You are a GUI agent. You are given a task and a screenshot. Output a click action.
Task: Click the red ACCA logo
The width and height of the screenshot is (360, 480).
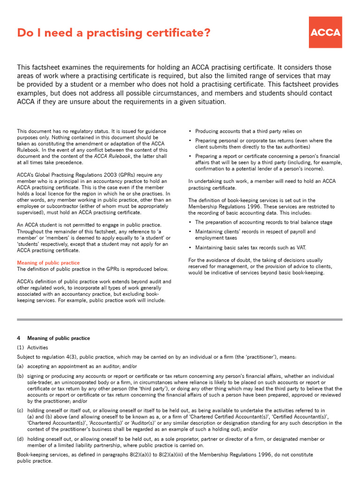click(325, 32)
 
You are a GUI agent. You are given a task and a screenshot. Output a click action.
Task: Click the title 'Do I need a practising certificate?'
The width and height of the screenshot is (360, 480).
click(113, 33)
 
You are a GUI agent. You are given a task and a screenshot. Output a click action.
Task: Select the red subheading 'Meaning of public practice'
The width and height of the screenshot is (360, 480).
click(48, 263)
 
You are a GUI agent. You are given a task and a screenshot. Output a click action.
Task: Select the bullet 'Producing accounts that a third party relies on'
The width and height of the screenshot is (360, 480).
click(248, 131)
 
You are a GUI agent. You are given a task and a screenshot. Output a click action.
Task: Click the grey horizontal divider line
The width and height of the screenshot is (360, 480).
click(180, 320)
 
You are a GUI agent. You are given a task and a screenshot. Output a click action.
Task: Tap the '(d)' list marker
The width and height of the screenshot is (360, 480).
click(20, 439)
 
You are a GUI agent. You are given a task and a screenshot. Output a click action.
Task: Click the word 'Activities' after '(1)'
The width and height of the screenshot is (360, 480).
click(37, 348)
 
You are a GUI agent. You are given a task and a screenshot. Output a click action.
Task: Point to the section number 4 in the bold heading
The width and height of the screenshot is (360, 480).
click(18, 338)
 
